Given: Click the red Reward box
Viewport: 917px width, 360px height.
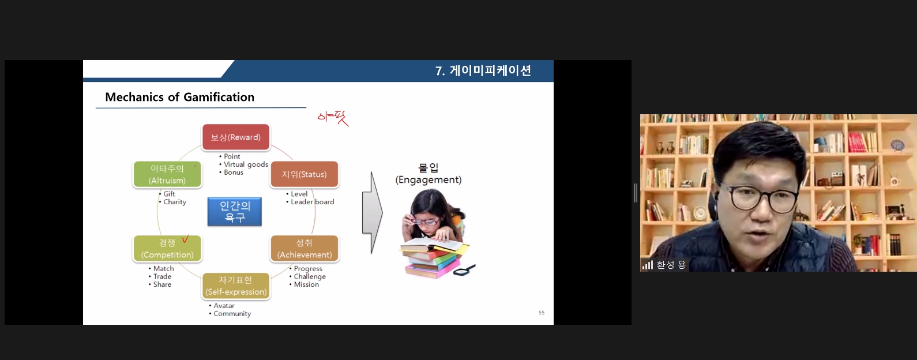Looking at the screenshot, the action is pyautogui.click(x=236, y=137).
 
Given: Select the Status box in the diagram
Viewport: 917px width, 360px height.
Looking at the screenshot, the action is pyautogui.click(x=304, y=174).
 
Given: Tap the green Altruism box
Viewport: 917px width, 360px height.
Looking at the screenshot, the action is pyautogui.click(x=167, y=174).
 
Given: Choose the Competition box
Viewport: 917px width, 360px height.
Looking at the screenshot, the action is pyautogui.click(x=167, y=249).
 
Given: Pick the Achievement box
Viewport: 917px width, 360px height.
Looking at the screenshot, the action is pyautogui.click(x=304, y=249).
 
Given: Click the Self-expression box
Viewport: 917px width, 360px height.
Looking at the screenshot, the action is pyautogui.click(x=236, y=286).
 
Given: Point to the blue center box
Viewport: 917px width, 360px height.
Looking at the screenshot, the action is pyautogui.click(x=235, y=212).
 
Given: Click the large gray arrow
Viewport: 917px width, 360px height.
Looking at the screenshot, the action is pyautogui.click(x=373, y=212).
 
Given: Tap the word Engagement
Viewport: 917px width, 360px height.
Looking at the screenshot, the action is pyautogui.click(x=428, y=180).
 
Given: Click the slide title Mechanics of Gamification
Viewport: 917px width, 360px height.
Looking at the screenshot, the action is pyautogui.click(x=180, y=97).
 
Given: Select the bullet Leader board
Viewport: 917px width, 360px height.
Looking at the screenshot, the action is pyautogui.click(x=313, y=202).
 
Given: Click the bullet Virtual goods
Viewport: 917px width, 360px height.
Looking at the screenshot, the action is pyautogui.click(x=246, y=164).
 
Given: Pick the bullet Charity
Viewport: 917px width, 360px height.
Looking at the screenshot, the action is pyautogui.click(x=175, y=202).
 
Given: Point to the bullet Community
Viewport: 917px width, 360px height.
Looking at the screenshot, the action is pyautogui.click(x=232, y=314).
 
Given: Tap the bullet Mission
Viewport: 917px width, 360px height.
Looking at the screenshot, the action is pyautogui.click(x=306, y=284).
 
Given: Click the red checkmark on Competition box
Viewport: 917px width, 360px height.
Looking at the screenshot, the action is pyautogui.click(x=185, y=239).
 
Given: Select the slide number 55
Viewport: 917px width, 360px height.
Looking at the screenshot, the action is pyautogui.click(x=542, y=313).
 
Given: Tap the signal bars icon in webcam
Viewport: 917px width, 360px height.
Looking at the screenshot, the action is pyautogui.click(x=648, y=265).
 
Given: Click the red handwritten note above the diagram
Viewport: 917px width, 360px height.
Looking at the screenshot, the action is pyautogui.click(x=333, y=118).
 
